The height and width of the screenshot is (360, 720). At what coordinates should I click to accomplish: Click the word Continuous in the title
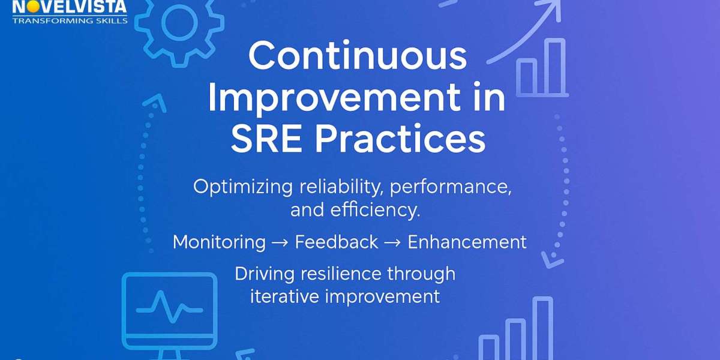(x=358, y=56)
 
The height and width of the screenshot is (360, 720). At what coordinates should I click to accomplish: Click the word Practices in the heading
(x=400, y=139)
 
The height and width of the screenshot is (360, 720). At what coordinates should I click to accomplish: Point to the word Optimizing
(x=243, y=187)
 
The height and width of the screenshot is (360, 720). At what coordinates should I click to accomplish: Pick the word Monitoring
(x=219, y=242)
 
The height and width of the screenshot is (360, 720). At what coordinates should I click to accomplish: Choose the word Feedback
(x=337, y=242)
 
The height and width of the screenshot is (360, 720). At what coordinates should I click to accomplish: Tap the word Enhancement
(x=467, y=242)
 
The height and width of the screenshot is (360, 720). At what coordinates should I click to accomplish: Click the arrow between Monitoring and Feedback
(x=280, y=243)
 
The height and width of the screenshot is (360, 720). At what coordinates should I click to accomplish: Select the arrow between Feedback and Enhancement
(x=392, y=243)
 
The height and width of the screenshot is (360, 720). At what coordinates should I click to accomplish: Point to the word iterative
(x=284, y=296)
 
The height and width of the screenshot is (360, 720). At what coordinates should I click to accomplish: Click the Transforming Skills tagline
(x=70, y=21)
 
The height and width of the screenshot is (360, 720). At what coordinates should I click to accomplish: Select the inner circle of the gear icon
(x=179, y=23)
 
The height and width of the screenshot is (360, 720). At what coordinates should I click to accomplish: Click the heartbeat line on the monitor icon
(x=170, y=307)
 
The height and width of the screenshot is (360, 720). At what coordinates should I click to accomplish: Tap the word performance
(x=451, y=187)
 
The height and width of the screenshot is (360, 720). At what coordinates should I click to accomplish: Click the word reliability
(x=341, y=187)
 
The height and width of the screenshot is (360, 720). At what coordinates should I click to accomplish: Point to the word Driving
(x=265, y=274)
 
